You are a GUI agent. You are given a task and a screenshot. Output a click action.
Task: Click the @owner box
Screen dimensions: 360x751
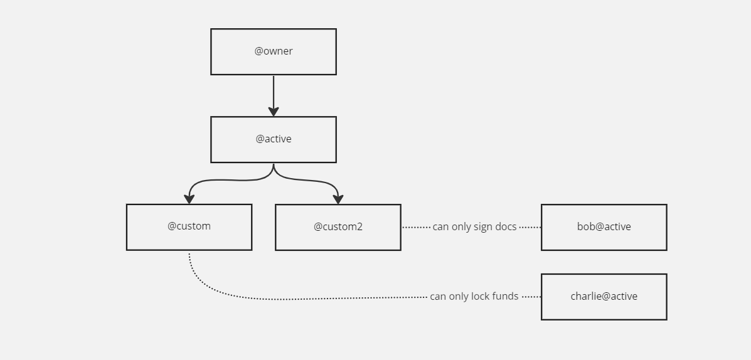273,51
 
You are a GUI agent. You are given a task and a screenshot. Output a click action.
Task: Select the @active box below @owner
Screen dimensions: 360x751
273,139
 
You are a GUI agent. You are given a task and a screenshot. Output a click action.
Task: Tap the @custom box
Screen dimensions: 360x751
189,226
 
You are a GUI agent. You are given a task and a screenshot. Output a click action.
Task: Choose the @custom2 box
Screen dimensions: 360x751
338,227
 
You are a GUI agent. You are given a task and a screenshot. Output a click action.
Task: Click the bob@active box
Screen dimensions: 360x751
604,227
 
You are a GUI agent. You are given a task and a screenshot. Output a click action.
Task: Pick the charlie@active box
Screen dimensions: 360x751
604,297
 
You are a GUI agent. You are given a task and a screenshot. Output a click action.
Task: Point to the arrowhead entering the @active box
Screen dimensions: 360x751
274,111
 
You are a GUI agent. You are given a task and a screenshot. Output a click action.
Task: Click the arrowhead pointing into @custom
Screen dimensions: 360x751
189,199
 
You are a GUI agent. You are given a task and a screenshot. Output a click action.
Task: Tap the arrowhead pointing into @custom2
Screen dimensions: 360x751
338,199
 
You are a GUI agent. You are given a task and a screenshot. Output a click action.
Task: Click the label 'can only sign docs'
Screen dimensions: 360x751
474,227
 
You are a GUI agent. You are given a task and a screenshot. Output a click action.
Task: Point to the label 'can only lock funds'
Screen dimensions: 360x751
474,297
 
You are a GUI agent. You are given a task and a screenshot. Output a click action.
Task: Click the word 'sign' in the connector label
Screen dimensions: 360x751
484,227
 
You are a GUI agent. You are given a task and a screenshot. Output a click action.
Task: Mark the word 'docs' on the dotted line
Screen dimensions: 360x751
506,227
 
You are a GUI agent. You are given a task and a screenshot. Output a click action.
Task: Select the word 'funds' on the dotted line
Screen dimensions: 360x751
506,297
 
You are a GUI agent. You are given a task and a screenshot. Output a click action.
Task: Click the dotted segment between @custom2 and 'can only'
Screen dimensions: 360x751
416,227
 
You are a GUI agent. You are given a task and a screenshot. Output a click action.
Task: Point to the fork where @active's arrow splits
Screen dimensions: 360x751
274,169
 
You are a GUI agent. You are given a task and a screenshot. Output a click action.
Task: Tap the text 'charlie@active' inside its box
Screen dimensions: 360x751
604,297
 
